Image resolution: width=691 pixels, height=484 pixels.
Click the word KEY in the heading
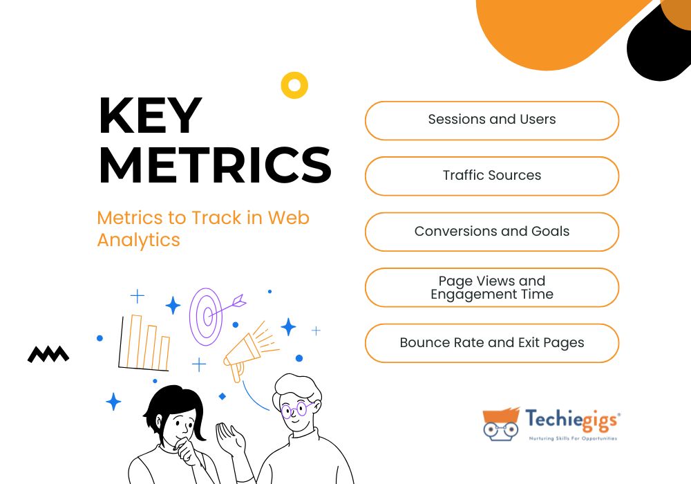[x=150, y=115]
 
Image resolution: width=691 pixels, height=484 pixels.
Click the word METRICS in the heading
[x=215, y=165]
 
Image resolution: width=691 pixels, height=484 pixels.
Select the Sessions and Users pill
[x=492, y=121]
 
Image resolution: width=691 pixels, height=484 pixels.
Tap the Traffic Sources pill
[x=492, y=176]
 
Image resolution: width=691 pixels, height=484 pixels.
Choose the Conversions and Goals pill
[x=492, y=232]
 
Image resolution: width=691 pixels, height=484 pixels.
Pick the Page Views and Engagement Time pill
[x=492, y=288]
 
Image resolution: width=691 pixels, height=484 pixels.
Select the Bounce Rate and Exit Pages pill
[x=492, y=344]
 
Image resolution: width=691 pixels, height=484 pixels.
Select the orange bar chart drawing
[x=144, y=342]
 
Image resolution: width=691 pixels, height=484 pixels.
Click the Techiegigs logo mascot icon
[x=501, y=424]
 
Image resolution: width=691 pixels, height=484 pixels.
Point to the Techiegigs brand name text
[x=572, y=420]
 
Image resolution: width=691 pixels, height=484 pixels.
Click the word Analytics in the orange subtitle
[x=138, y=241]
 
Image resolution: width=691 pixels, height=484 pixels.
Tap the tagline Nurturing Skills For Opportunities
[x=573, y=438]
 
